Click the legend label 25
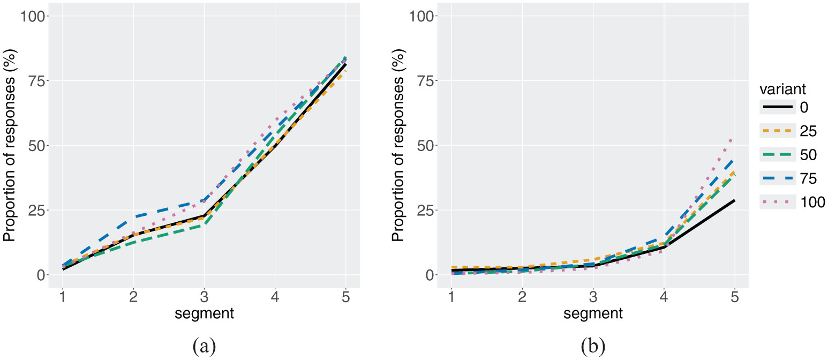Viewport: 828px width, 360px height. tap(808, 131)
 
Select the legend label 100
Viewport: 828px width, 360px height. tap(814, 202)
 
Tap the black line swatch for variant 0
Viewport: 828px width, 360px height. tap(776, 107)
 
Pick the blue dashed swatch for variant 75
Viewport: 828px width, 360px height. tap(776, 178)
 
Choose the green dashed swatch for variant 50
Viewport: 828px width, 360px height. tap(776, 154)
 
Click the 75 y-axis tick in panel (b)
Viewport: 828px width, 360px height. tap(425, 80)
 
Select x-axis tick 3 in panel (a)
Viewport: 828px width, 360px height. tap(204, 296)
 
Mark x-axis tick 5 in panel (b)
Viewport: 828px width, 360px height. tap(734, 296)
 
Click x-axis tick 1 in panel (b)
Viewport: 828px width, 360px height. tap(451, 296)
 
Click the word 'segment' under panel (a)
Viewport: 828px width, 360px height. tap(204, 314)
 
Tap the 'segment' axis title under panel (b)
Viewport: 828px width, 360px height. tap(593, 314)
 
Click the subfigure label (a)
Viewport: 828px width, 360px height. tap(204, 347)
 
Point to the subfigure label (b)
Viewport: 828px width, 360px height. tap(593, 347)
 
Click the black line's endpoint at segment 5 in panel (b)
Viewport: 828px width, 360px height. tap(734, 200)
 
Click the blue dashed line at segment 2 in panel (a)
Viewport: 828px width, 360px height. tap(133, 217)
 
